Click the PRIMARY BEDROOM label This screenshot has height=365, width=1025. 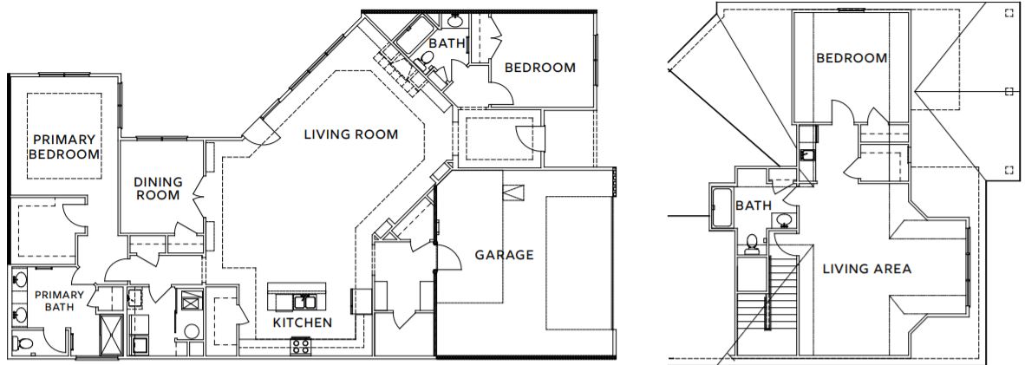pos(64,147)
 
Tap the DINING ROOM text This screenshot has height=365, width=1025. pos(158,188)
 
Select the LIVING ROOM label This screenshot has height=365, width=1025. pos(351,134)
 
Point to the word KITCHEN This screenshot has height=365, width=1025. pos(302,323)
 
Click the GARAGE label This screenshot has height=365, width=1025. pos(504,255)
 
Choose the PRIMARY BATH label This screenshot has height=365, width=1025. pos(60,301)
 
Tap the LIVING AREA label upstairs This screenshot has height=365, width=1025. pos(867,269)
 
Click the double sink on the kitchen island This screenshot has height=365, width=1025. pos(302,302)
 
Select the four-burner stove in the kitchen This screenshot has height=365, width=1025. pos(300,345)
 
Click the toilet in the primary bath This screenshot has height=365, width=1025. pos(23,342)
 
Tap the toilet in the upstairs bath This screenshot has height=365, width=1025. pos(752,243)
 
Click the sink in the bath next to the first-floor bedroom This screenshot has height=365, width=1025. pos(455,20)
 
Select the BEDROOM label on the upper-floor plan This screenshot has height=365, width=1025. pos(852,58)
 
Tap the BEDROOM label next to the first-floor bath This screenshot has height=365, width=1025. pos(540,68)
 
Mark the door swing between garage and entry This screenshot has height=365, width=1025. pos(447,257)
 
